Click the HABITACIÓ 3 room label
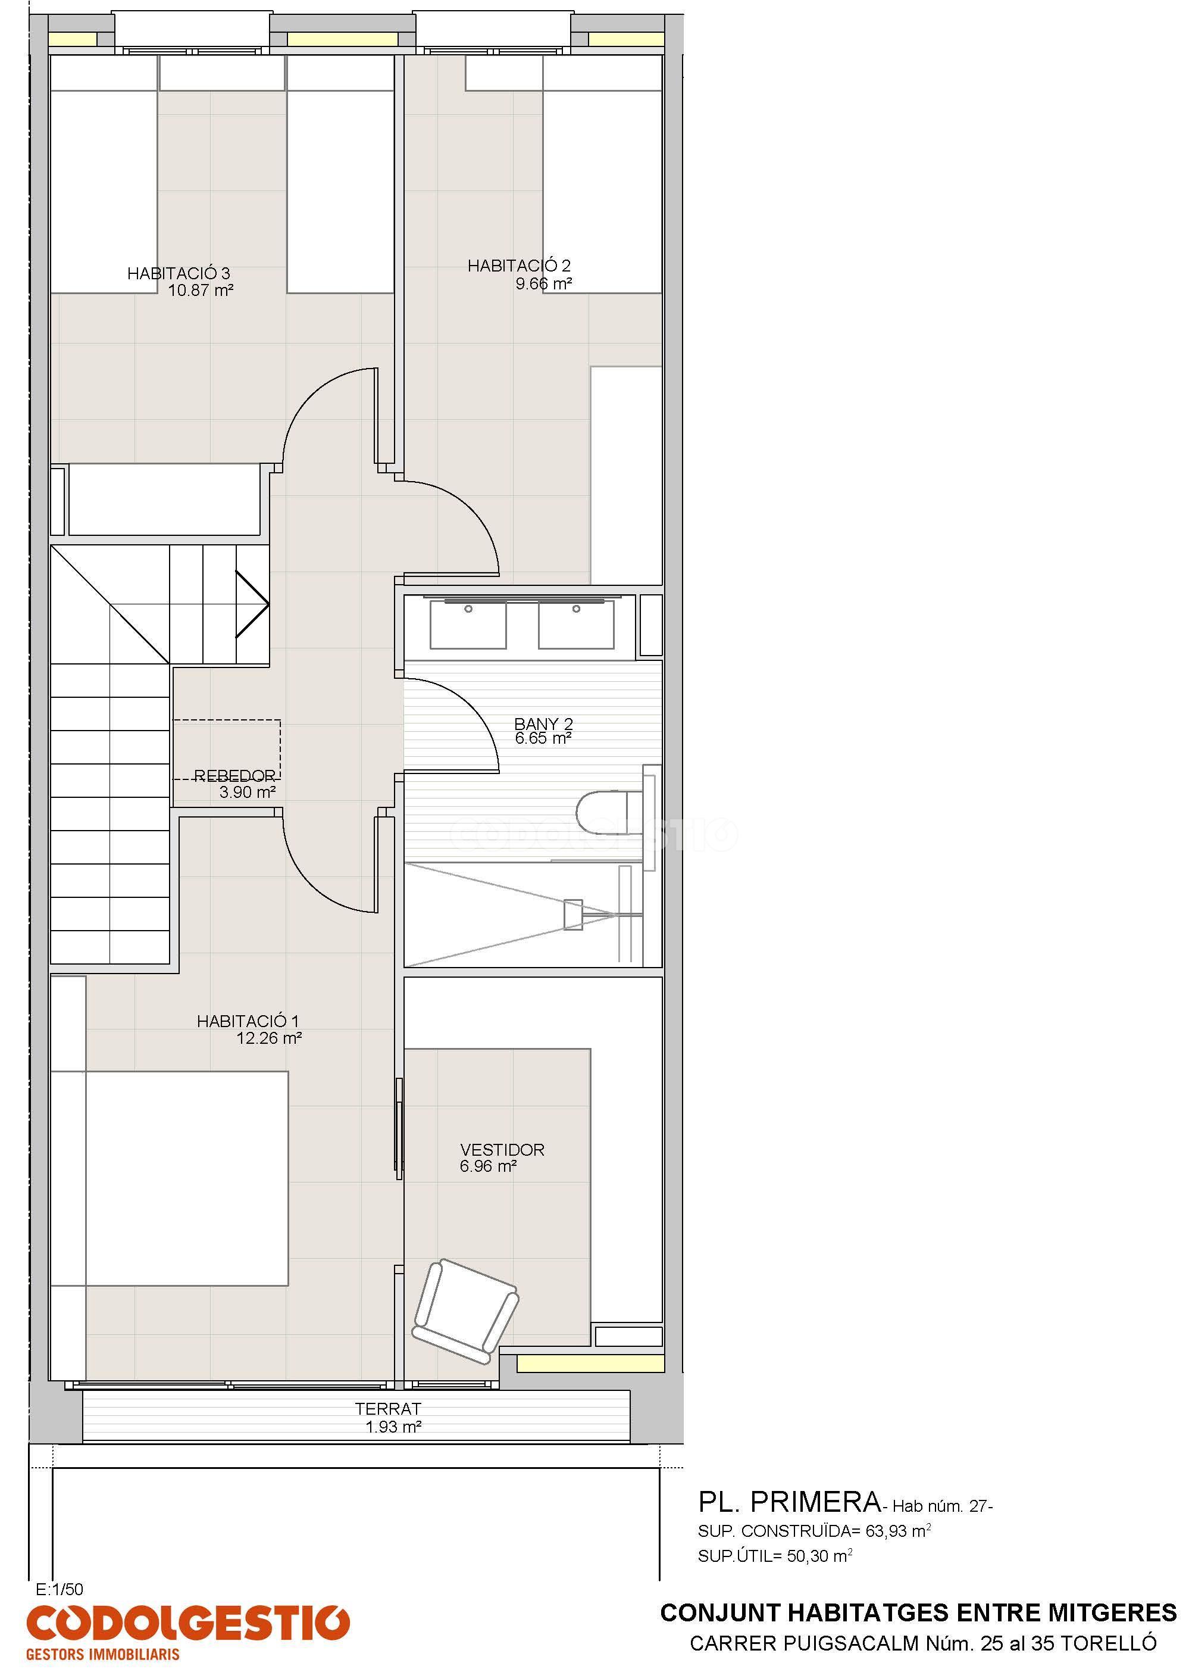click(179, 273)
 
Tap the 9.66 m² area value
click(543, 283)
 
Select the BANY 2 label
click(543, 724)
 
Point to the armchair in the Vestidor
click(465, 1306)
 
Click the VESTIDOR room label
click(502, 1150)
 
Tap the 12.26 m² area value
click(270, 1038)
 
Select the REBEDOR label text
click(235, 775)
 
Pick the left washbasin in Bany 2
click(468, 624)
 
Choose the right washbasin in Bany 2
click(576, 624)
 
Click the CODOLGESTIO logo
click(187, 1627)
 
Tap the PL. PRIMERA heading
click(789, 1502)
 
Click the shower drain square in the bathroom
click(573, 915)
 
